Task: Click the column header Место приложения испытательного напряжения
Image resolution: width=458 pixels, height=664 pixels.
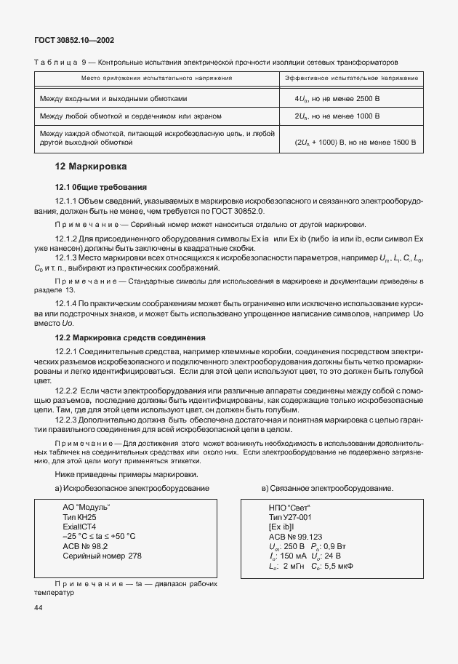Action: tap(157, 77)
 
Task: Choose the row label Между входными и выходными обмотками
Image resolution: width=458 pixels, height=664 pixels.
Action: tap(114, 97)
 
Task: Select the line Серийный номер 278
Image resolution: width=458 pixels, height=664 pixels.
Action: tap(103, 556)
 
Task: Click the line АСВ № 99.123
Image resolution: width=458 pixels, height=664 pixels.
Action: tap(294, 535)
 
